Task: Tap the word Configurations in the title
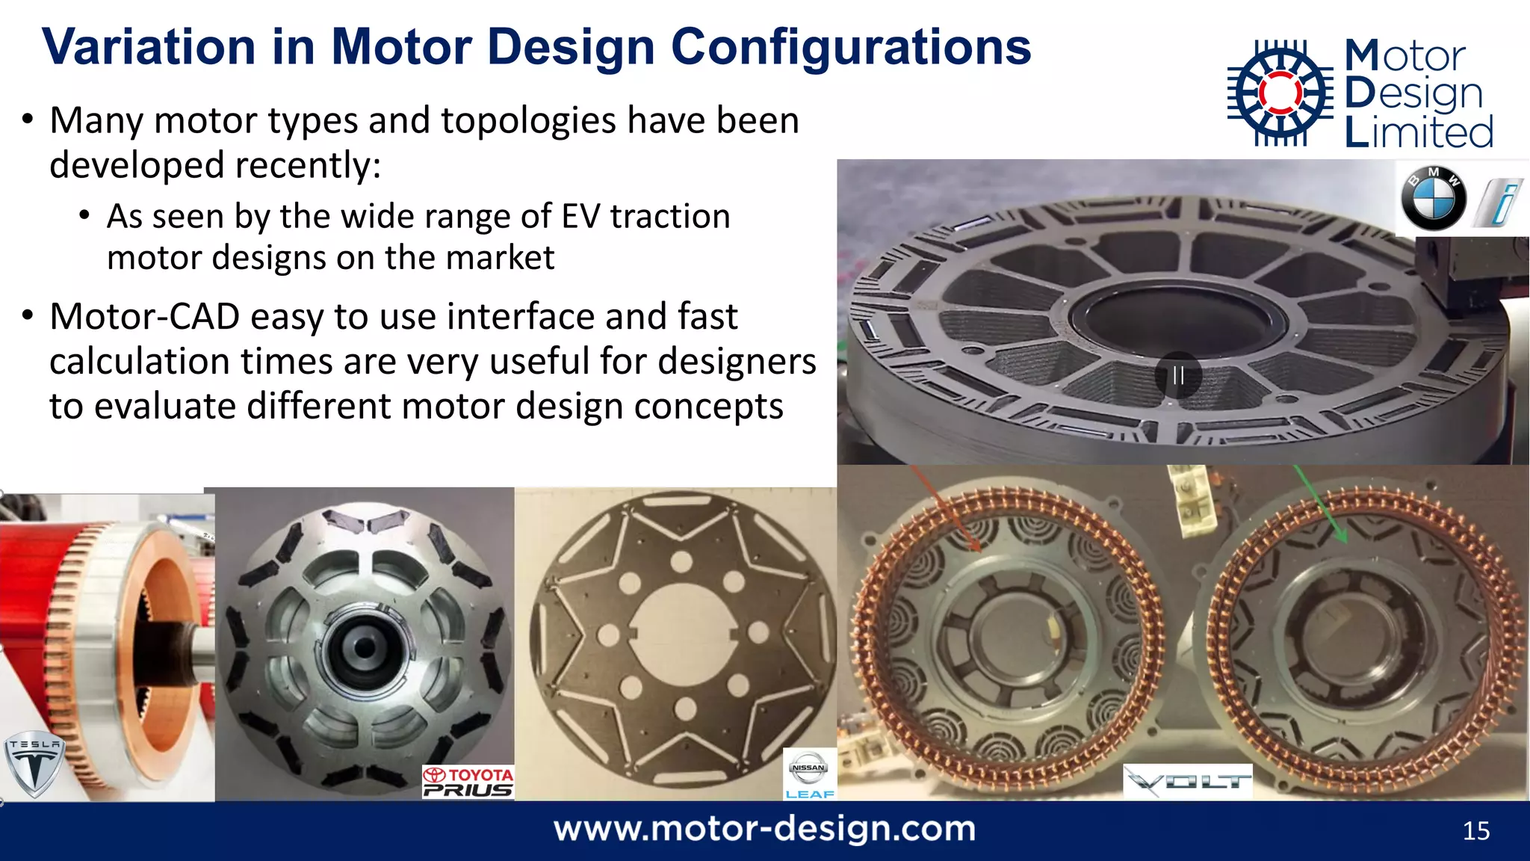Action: click(x=851, y=47)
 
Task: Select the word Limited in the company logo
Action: click(x=1419, y=132)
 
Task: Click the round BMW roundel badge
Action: click(x=1433, y=200)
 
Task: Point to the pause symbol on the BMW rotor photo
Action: click(x=1178, y=374)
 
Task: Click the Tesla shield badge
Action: click(x=34, y=763)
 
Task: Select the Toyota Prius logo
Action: click(x=468, y=783)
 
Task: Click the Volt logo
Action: click(x=1188, y=783)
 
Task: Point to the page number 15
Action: click(x=1475, y=831)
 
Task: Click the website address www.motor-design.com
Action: click(x=764, y=829)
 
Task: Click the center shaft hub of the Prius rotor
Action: click(x=364, y=646)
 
